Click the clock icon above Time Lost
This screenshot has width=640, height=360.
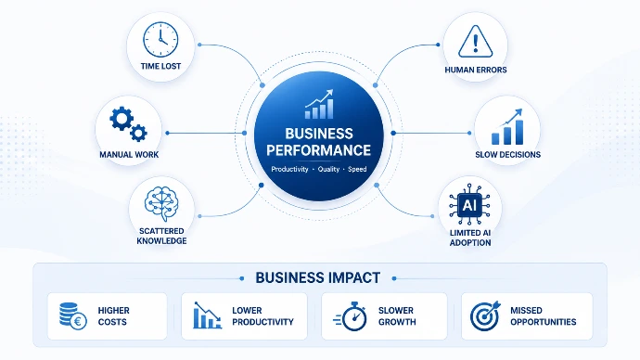[x=160, y=40]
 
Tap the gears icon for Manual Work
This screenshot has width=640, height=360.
[x=128, y=124]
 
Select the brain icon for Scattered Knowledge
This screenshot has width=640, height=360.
[x=161, y=204]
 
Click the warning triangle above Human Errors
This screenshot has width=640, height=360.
[x=476, y=41]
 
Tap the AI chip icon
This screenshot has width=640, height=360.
[x=469, y=204]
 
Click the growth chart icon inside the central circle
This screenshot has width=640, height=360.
[x=319, y=104]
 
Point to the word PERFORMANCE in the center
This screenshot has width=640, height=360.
[x=319, y=150]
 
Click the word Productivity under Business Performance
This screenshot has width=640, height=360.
[x=289, y=169]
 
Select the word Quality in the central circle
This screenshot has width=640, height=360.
[x=328, y=169]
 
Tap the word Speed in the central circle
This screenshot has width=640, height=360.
[x=357, y=169]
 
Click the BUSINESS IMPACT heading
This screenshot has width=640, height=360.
[x=318, y=277]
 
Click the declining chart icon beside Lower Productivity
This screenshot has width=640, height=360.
[x=208, y=315]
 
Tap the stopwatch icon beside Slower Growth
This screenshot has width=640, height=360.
[x=351, y=315]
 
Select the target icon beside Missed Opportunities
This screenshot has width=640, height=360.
[x=485, y=315]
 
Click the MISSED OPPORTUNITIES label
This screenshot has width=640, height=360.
[x=544, y=315]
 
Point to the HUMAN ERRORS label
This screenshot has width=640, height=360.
[x=476, y=70]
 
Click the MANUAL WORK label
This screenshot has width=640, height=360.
[x=129, y=155]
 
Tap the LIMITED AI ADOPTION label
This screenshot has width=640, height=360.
[x=470, y=238]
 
